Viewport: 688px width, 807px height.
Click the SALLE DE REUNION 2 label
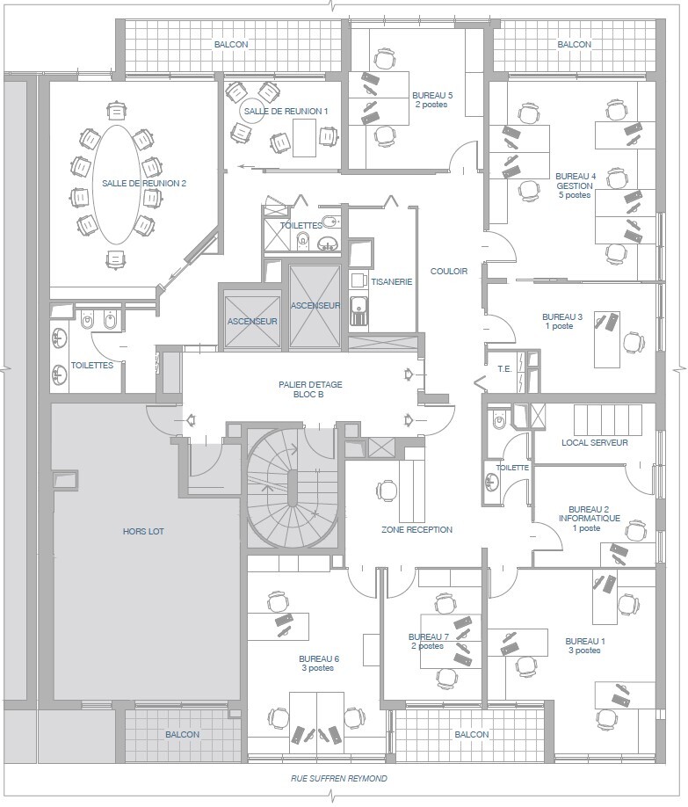pyautogui.click(x=144, y=183)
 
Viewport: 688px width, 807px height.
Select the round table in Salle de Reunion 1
pyautogui.click(x=252, y=111)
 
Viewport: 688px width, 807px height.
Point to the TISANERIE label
pyautogui.click(x=392, y=282)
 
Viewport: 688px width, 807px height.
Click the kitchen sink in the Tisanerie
pyautogui.click(x=358, y=311)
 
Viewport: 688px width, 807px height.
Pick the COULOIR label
pyautogui.click(x=449, y=272)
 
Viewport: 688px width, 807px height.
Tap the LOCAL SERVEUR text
pyautogui.click(x=594, y=442)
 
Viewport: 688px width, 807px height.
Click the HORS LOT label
pyautogui.click(x=143, y=532)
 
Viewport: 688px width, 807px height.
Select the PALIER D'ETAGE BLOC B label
pyautogui.click(x=310, y=389)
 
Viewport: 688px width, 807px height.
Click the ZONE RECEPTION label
pyautogui.click(x=416, y=529)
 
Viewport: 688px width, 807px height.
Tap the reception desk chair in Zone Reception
pyautogui.click(x=387, y=490)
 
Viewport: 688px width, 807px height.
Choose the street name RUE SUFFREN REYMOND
pyautogui.click(x=339, y=779)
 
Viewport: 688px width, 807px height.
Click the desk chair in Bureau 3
pyautogui.click(x=634, y=342)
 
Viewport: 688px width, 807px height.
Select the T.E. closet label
pyautogui.click(x=504, y=369)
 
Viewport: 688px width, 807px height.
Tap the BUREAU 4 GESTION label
pyautogui.click(x=575, y=185)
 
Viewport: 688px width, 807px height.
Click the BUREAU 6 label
pyautogui.click(x=319, y=658)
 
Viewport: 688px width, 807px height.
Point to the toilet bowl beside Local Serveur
pyautogui.click(x=498, y=420)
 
